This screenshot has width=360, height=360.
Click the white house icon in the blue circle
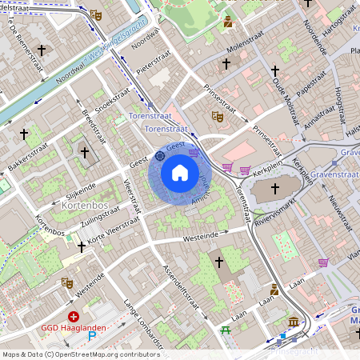(x=180, y=173)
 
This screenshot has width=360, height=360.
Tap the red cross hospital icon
(x=74, y=317)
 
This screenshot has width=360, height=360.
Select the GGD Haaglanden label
(x=74, y=328)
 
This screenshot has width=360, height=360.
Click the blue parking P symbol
(x=90, y=337)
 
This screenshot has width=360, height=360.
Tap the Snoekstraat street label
(x=111, y=107)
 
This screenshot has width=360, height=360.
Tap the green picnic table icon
(x=226, y=330)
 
